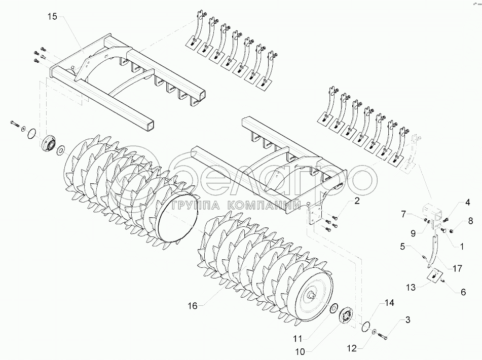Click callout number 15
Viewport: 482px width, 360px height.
53,17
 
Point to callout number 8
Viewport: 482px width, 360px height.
470,221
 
